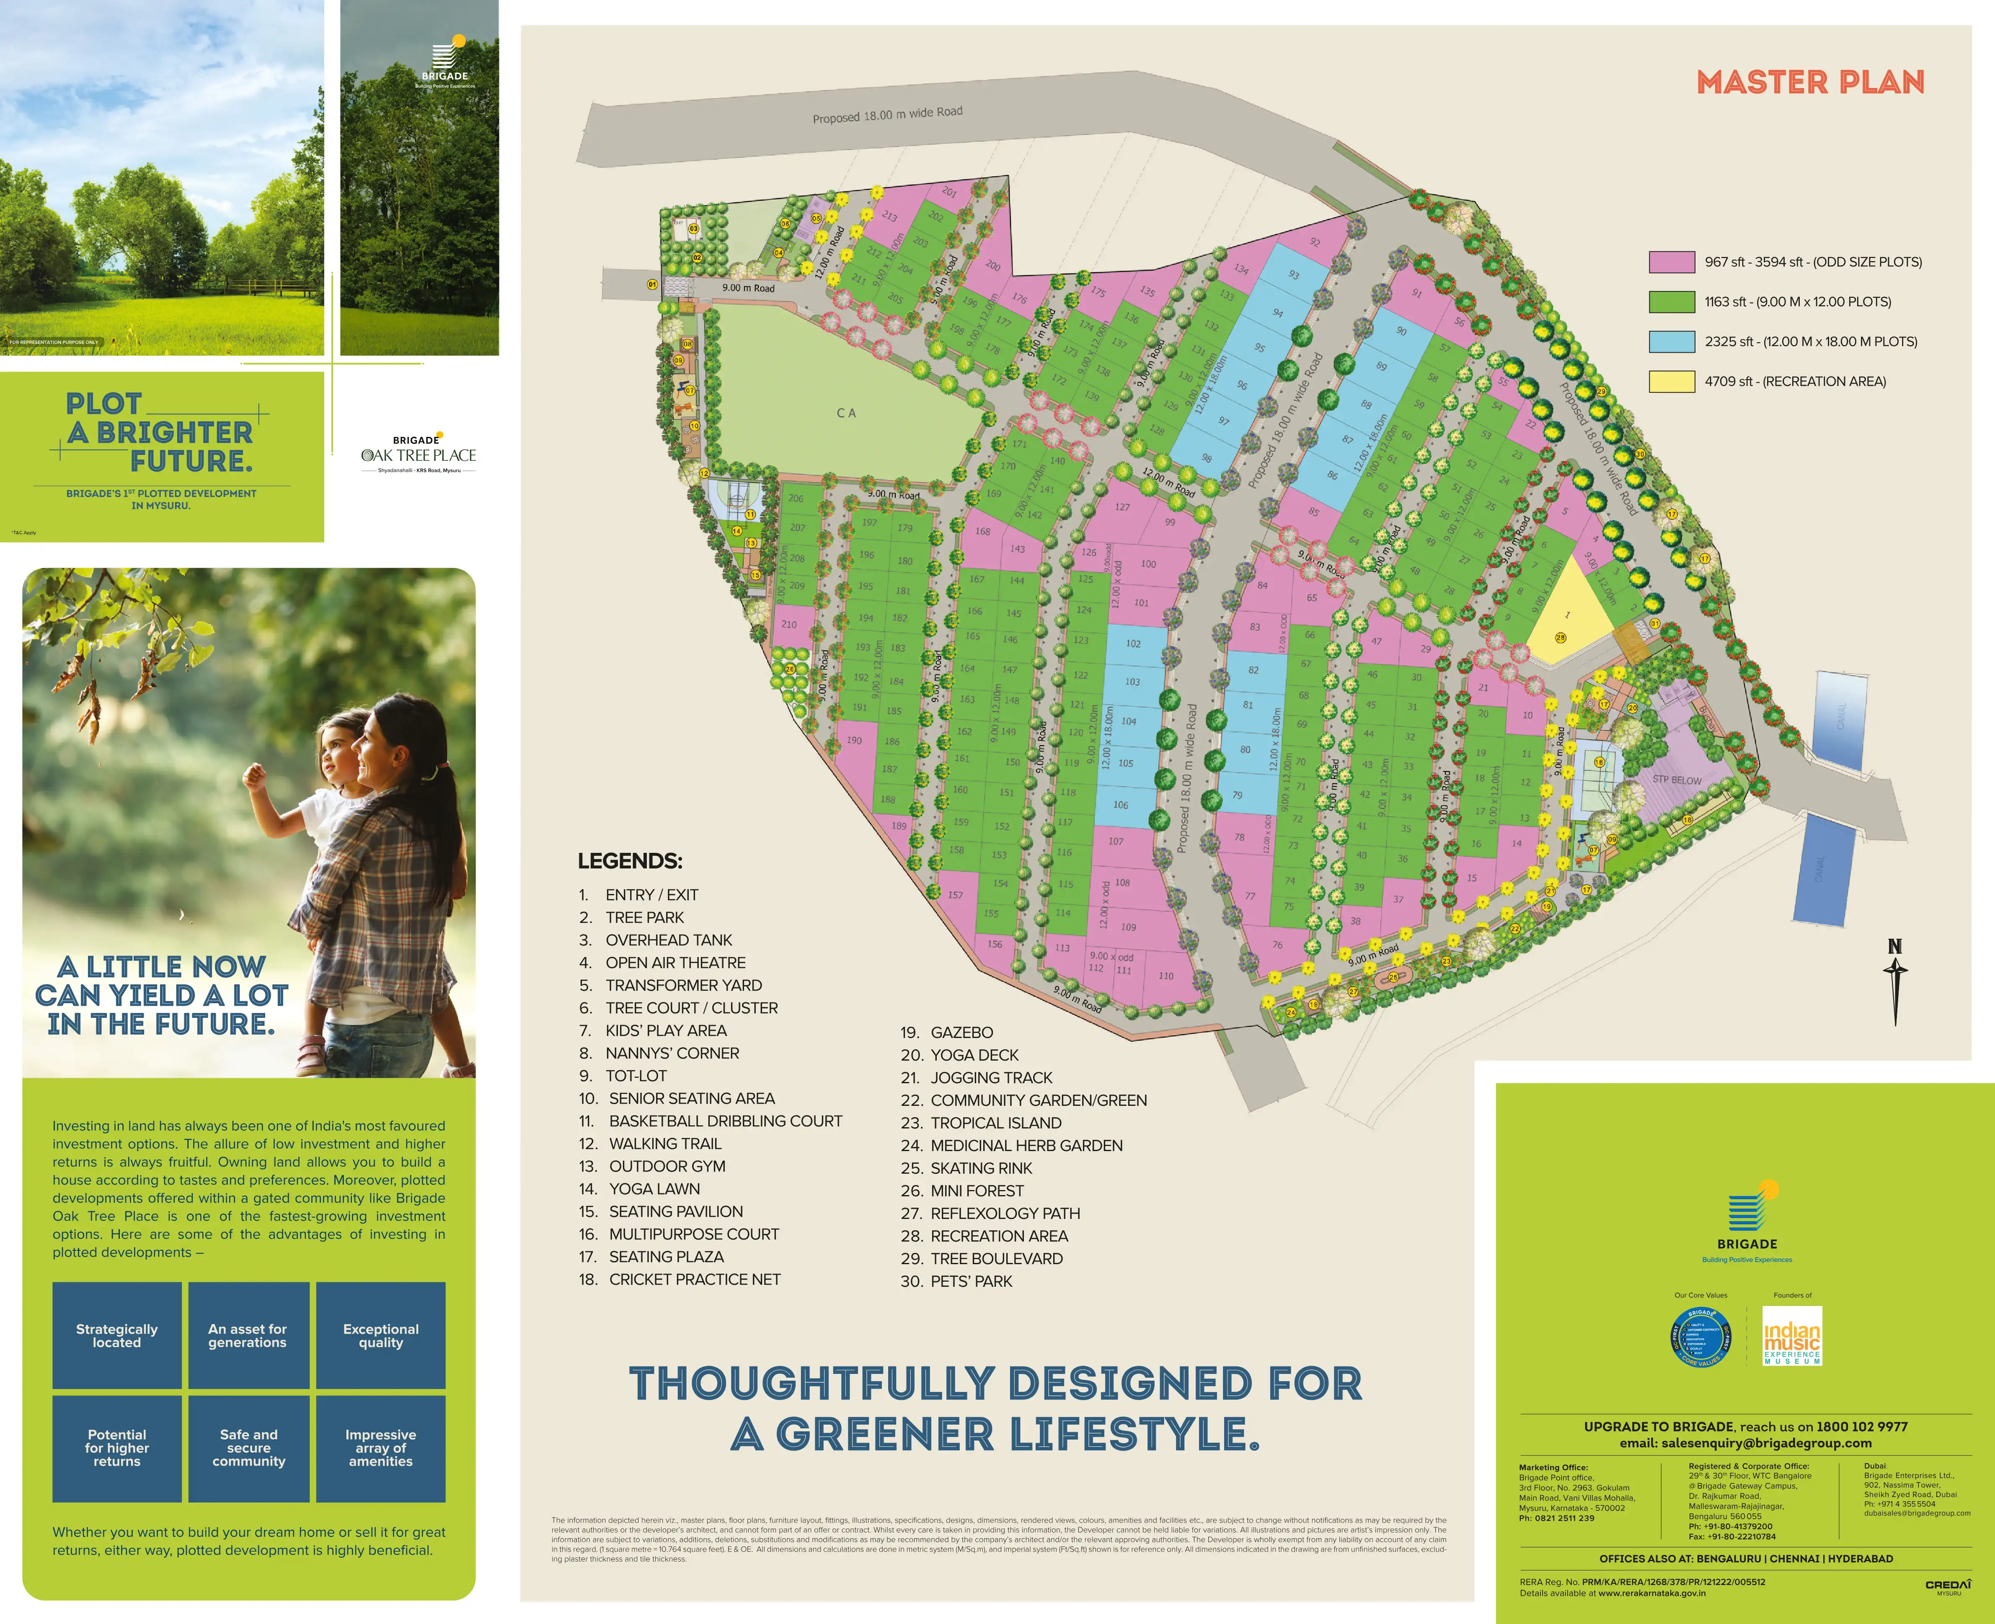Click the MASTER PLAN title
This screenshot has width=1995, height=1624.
(x=1810, y=83)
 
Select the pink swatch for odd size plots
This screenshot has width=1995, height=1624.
(x=1671, y=262)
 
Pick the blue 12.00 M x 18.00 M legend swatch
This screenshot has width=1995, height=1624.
(x=1671, y=341)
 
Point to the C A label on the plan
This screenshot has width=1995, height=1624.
(x=846, y=413)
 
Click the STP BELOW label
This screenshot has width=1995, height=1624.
(x=1677, y=779)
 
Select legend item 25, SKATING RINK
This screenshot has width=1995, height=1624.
(x=980, y=1168)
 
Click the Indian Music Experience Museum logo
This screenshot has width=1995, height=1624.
(x=1792, y=1336)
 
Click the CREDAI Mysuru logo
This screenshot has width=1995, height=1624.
(x=1948, y=1585)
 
